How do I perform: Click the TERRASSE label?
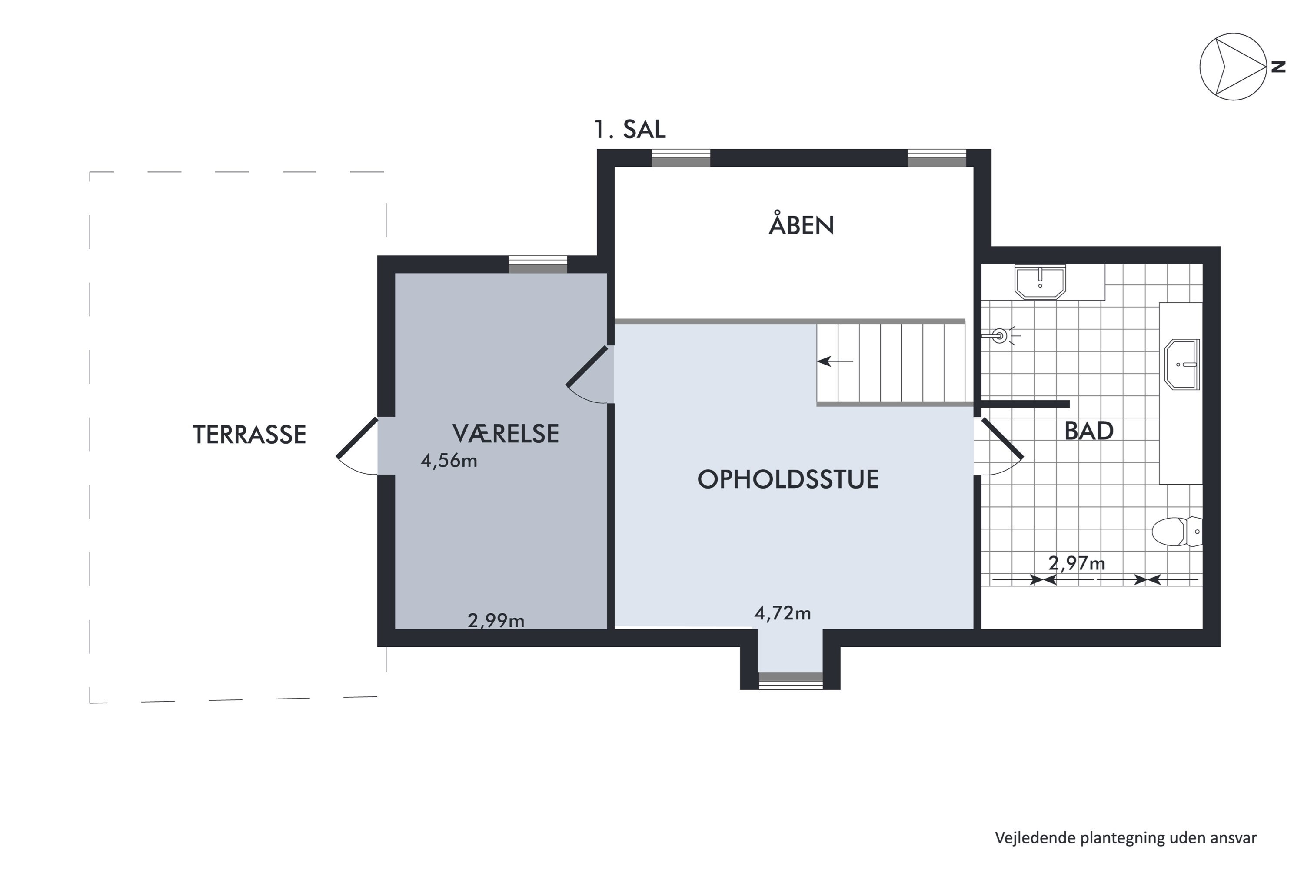(249, 435)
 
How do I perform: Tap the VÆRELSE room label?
(505, 433)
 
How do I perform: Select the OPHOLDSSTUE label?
(787, 479)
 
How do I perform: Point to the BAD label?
(1088, 431)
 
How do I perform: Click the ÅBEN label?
(801, 225)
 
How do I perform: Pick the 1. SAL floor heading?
(629, 129)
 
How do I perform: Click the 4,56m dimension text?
(449, 461)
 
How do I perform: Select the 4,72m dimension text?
(782, 613)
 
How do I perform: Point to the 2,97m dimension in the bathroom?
(1076, 564)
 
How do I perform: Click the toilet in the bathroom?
(1175, 531)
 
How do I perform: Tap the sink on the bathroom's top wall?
(1040, 282)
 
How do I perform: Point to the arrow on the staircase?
(835, 361)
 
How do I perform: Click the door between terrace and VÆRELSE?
(358, 447)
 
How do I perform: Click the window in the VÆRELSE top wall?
(538, 264)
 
